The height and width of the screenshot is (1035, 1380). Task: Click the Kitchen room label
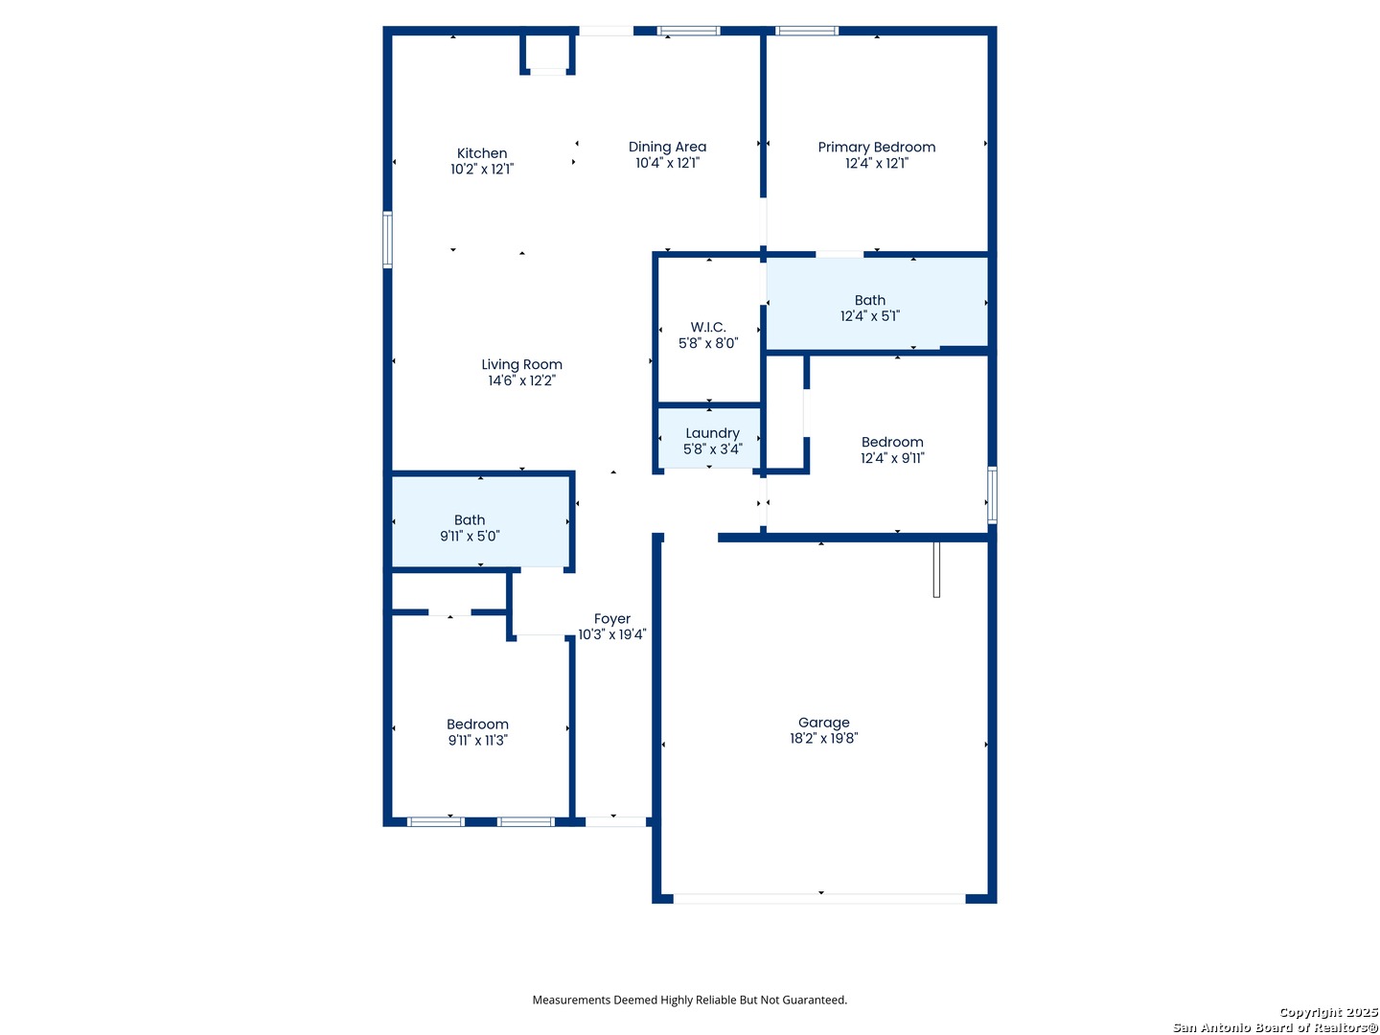pos(482,153)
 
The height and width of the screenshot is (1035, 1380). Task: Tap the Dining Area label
pos(667,147)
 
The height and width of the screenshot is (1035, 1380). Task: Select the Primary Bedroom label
pos(877,148)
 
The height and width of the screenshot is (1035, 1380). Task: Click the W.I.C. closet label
pos(708,327)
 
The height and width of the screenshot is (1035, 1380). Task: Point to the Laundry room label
pos(712,433)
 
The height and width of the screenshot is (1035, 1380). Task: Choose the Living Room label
pos(522,364)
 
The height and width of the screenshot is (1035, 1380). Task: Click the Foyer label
pos(611,619)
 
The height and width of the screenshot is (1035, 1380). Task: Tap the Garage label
pos(823,723)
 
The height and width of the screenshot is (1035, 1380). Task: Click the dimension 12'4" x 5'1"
pos(870,316)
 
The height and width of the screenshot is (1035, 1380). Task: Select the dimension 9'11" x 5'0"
pos(470,536)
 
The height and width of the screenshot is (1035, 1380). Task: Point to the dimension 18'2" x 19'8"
pos(823,738)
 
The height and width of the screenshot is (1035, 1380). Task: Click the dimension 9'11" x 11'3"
pos(478,740)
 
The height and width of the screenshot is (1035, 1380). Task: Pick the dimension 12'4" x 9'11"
pos(892,458)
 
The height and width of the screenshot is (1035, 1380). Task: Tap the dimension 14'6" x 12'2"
pos(522,380)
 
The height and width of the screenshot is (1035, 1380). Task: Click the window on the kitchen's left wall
pos(387,240)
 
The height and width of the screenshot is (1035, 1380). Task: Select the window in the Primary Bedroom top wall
pos(807,31)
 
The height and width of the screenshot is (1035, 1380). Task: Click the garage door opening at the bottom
pos(819,899)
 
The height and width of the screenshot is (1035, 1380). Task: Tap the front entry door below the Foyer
pos(615,821)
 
